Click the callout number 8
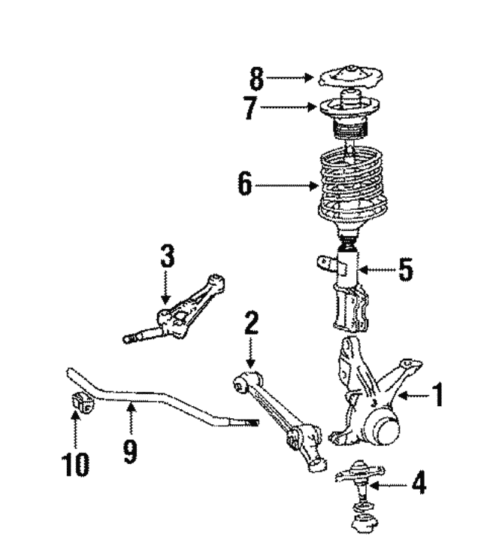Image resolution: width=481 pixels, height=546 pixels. pos(257,78)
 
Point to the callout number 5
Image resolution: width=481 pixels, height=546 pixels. pos(406,269)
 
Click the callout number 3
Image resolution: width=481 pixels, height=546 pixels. pos(167,256)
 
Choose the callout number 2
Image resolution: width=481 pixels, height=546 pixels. pos(251,323)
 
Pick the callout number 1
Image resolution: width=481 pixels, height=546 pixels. pos(437,394)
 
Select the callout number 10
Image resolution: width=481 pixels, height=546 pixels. pos(76,463)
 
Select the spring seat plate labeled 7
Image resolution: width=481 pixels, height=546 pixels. pos(350,108)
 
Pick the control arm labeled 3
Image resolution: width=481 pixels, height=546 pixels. pos(188,312)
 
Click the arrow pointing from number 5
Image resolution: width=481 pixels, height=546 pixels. pos(377,269)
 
